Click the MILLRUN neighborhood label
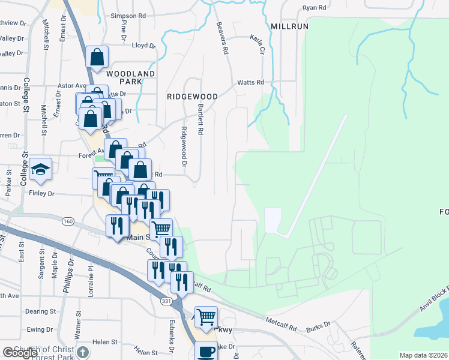click(x=289, y=27)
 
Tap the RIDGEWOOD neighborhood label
click(x=192, y=96)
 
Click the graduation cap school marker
click(x=41, y=170)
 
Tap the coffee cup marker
click(x=207, y=351)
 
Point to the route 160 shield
click(x=68, y=221)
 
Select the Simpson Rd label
click(x=128, y=16)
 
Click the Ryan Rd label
click(x=315, y=8)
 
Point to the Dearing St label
click(x=40, y=311)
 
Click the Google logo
click(x=20, y=353)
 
